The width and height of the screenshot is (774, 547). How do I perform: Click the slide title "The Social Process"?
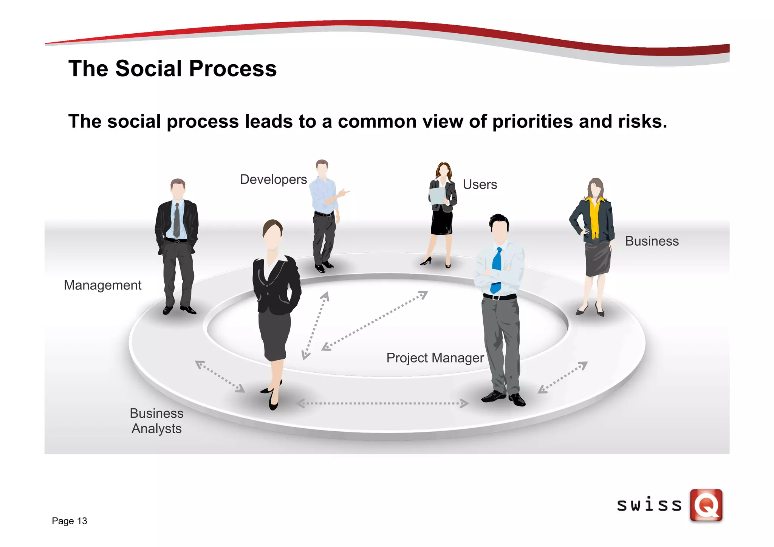coord(172,69)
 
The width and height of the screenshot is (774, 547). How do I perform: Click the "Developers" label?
coord(273,180)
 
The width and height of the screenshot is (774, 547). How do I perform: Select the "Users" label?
coord(480,184)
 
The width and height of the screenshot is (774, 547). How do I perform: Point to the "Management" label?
coord(102,285)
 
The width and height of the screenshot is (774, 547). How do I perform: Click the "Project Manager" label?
coord(435,358)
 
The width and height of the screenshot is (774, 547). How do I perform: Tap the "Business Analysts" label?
coord(156,421)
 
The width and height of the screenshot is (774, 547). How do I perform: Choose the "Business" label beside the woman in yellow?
coord(652,241)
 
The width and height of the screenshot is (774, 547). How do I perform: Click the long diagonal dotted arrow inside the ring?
coord(374,321)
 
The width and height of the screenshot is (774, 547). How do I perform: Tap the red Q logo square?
coord(706,505)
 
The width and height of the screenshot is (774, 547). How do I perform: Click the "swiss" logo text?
coord(649,505)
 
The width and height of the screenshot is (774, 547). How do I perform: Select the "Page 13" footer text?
coord(70,521)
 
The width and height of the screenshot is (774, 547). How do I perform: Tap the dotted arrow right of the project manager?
coord(562,377)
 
